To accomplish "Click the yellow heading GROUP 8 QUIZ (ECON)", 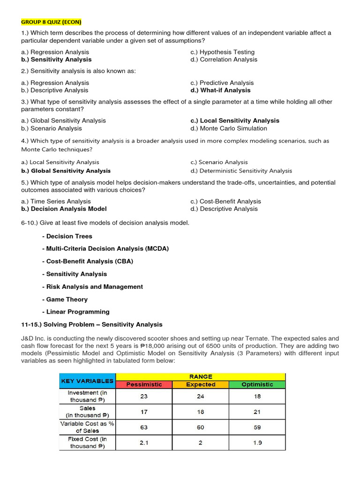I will coord(51,22).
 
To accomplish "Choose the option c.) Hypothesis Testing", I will coord(222,52).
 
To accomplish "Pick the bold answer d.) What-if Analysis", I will coord(220,90).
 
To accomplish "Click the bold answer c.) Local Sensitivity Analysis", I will coord(234,120).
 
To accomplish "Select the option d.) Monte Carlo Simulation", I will coord(229,128).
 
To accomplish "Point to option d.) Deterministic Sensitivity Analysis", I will coord(241,171).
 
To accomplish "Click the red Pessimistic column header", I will coord(144,384).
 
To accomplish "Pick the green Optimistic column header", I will coord(257,384).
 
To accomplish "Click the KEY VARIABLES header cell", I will coord(88,381).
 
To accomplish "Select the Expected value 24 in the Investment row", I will coord(201,396).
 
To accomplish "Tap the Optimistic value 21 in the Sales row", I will coord(257,412).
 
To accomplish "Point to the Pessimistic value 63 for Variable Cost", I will coord(144,427).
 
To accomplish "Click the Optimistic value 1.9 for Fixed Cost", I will coord(257,442).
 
